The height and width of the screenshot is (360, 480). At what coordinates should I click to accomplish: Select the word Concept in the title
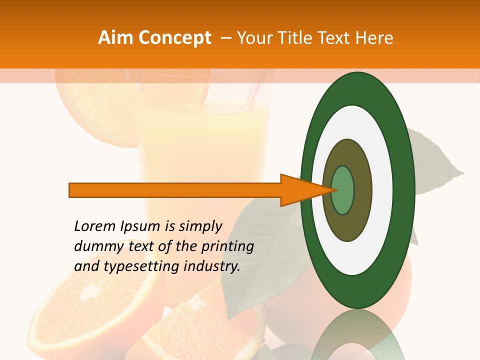174,38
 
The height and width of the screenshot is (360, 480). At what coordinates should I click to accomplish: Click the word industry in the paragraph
212,266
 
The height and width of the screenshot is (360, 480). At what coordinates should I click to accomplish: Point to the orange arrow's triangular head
300,190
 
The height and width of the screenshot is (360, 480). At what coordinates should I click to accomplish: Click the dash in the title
226,38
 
